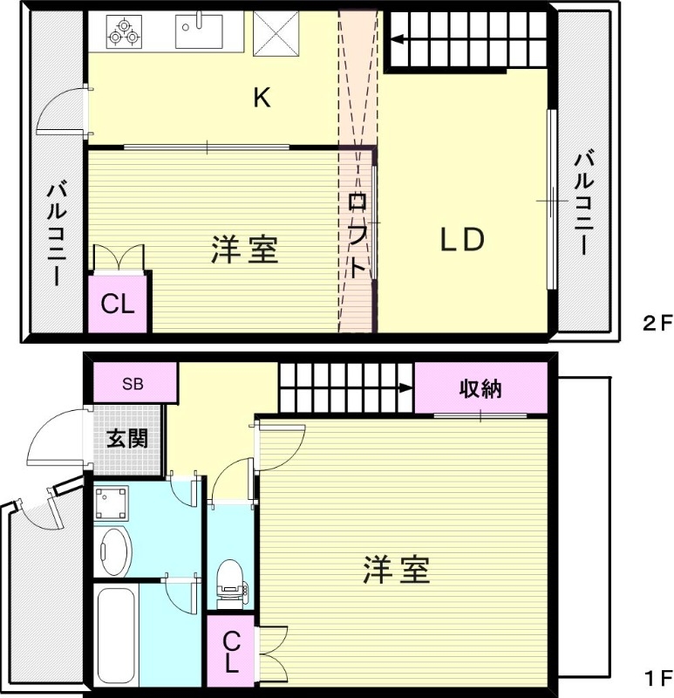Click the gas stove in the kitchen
[x=123, y=31]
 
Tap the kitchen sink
[x=199, y=31]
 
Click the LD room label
[x=460, y=240]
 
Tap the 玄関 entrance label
[x=127, y=439]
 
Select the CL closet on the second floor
[x=118, y=305]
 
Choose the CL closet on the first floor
[x=230, y=652]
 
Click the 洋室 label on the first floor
[x=396, y=571]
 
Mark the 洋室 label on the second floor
[x=245, y=250]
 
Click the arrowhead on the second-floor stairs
[x=397, y=38]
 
